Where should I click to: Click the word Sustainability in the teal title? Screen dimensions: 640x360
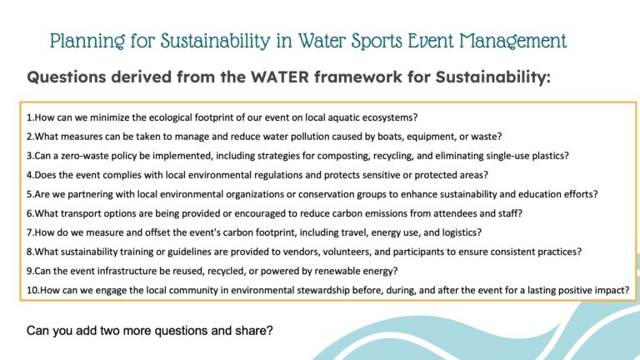(215, 41)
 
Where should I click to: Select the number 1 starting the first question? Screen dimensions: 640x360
(29, 117)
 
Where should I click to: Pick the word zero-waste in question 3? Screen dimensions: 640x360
(83, 156)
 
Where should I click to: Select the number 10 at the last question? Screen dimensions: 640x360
(32, 290)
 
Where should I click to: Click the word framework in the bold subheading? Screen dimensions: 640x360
(357, 77)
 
